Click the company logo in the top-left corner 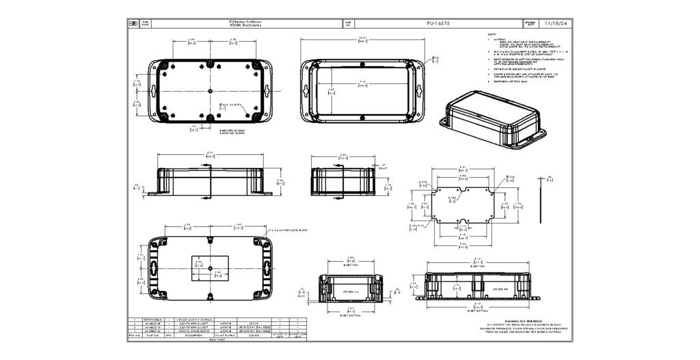(133, 23)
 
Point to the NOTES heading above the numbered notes (492, 34)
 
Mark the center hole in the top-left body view (208, 91)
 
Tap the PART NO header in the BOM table (150, 335)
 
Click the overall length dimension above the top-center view (363, 40)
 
